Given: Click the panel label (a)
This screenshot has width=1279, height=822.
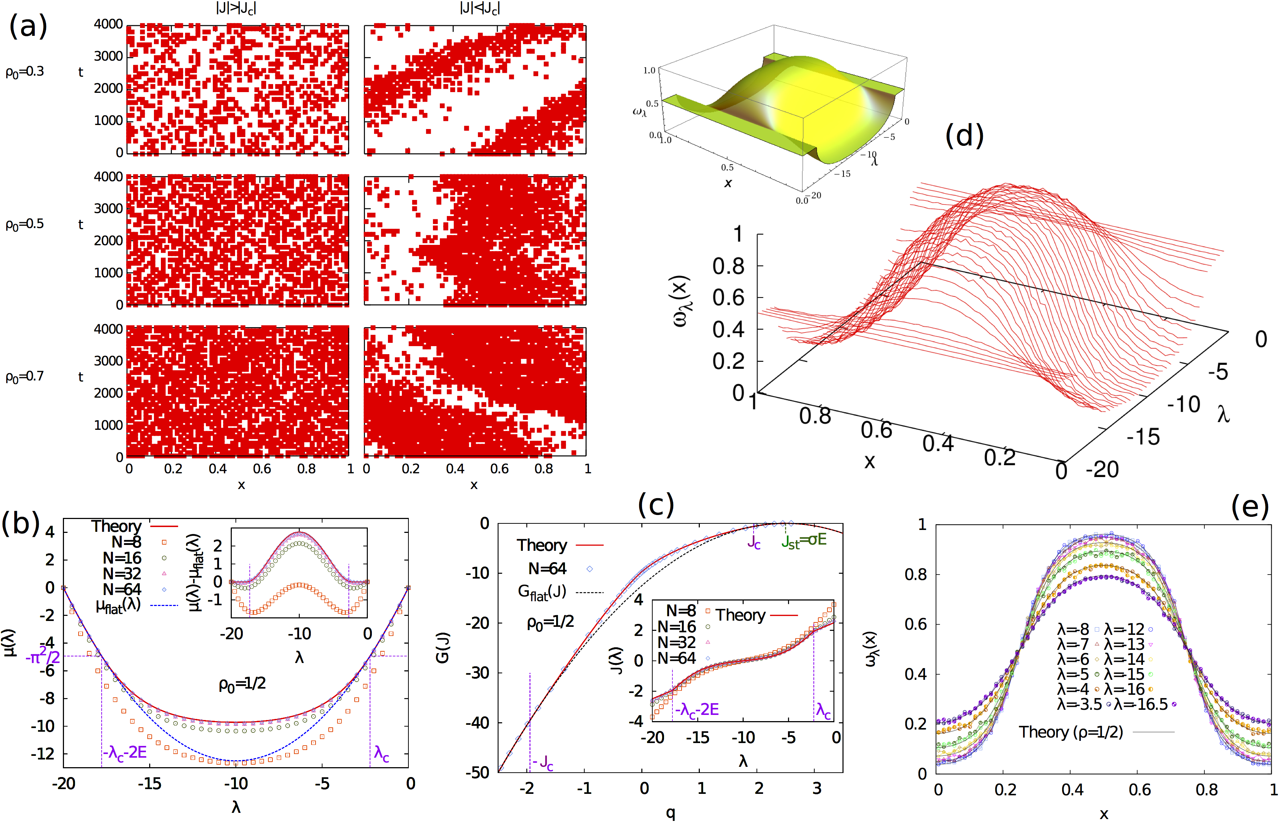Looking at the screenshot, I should pos(28,27).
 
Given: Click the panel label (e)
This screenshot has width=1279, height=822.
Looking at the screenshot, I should pos(1250,505).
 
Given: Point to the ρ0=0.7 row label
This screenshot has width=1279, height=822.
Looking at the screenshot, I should pos(24,377).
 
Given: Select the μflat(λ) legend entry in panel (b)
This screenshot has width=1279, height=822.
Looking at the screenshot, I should pos(118,605).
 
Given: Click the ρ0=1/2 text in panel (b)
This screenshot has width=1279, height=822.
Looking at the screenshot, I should pos(242,684).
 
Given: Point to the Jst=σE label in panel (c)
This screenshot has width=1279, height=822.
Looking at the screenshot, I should pos(804,540).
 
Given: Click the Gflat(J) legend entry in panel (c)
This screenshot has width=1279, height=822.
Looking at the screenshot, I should pos(542,591).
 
